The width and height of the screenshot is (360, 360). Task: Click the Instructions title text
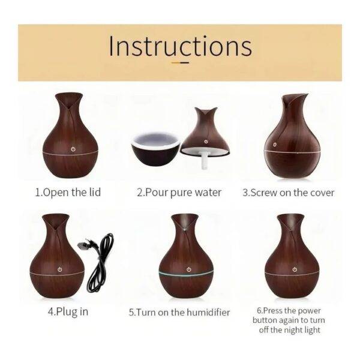click(x=181, y=46)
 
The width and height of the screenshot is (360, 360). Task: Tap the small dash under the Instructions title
click(x=181, y=62)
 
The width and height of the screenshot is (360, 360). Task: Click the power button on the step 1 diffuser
click(x=73, y=149)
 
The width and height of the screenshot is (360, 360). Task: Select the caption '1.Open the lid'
click(x=68, y=193)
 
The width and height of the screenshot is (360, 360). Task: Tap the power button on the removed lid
click(x=206, y=142)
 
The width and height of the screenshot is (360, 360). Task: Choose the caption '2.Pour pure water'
click(x=179, y=193)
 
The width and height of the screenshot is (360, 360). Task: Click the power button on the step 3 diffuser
click(x=275, y=145)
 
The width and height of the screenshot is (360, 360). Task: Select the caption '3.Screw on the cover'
click(x=289, y=193)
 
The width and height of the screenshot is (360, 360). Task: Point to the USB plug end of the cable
click(x=83, y=245)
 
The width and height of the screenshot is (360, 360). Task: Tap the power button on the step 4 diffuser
click(x=59, y=269)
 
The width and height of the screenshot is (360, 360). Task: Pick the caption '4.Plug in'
click(x=68, y=312)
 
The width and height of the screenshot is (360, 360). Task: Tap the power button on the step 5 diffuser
click(x=189, y=269)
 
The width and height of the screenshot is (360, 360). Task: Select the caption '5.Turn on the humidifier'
click(x=179, y=313)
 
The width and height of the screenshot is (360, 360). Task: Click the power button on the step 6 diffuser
click(x=295, y=269)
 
